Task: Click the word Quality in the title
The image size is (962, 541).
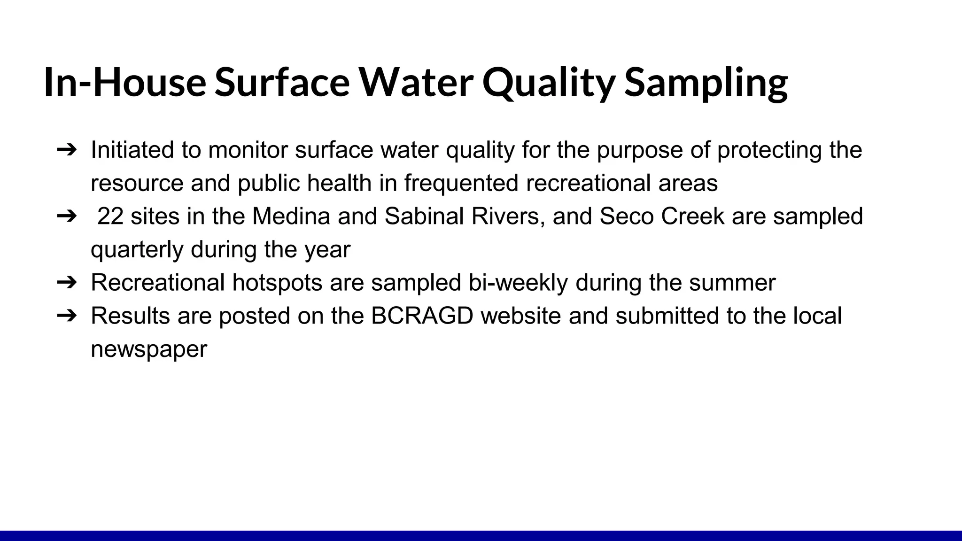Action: [x=548, y=83]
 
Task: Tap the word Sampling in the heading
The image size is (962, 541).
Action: [x=706, y=83]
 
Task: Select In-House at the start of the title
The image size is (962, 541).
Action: [x=125, y=83]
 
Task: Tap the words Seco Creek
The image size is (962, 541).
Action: [x=662, y=216]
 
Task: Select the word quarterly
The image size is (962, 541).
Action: [x=137, y=250]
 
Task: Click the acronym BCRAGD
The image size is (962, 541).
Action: [x=422, y=316]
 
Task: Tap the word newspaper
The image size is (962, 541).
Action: [x=148, y=349]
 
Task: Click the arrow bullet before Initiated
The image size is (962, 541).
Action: [x=66, y=150]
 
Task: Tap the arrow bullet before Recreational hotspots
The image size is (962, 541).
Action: [x=66, y=283]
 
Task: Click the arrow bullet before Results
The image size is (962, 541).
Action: [x=66, y=316]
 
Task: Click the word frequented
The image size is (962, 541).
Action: [x=461, y=183]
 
